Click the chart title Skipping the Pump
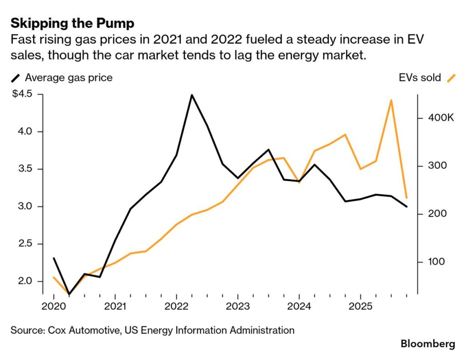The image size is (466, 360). point(72,23)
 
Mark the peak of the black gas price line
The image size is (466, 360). point(192,95)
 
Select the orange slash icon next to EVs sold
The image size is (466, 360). point(451,78)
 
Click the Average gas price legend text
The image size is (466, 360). point(69,78)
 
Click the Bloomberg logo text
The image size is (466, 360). point(427,344)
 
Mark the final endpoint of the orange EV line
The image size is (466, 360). point(406,198)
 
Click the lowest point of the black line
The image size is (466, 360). point(69,294)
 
